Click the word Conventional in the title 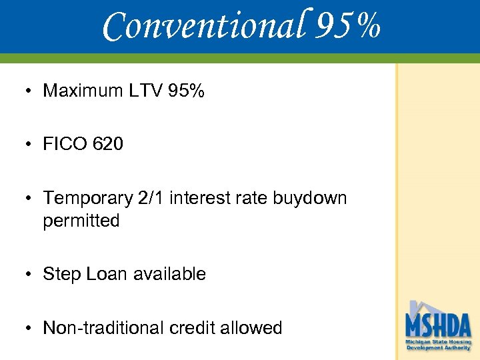[x=203, y=27]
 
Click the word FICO [x=65, y=144]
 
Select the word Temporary [x=88, y=198]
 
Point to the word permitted [x=81, y=221]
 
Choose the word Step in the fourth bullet [x=62, y=274]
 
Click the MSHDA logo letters [x=438, y=327]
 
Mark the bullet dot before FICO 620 [x=31, y=145]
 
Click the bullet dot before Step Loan [x=31, y=275]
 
